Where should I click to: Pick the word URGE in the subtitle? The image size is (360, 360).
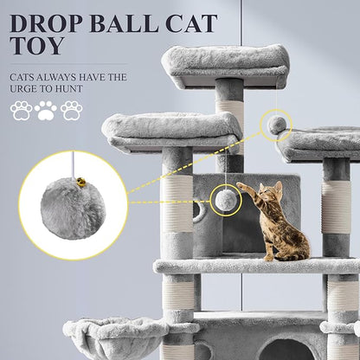[x=29, y=88]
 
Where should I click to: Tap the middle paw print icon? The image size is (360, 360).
[x=46, y=111]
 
